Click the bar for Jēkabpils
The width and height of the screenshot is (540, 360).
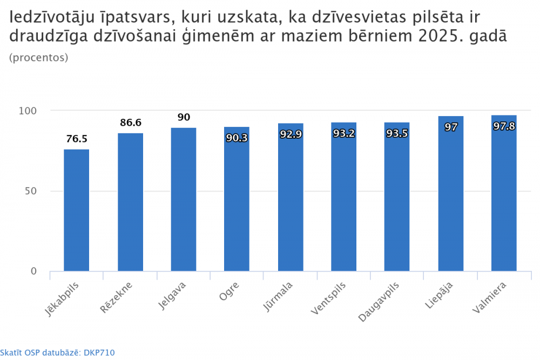point(77,210)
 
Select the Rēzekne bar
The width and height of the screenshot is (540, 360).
point(130,202)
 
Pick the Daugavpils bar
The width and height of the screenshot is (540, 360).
point(397,197)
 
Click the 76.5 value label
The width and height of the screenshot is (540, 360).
point(77,139)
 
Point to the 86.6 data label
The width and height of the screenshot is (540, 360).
point(130,123)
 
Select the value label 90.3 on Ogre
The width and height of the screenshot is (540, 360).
point(237,138)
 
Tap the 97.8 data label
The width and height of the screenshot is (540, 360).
point(504,126)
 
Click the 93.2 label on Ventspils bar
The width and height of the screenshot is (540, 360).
point(343,133)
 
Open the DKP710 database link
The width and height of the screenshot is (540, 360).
point(99,352)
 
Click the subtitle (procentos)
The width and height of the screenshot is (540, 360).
point(38,58)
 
